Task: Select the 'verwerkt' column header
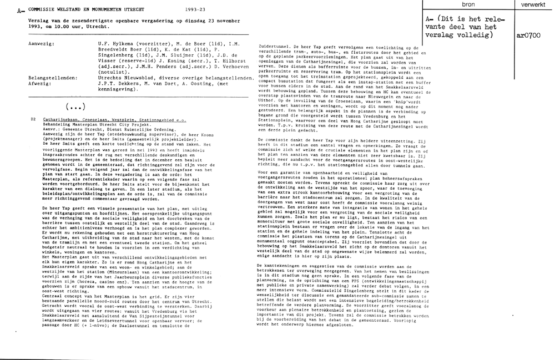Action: pyautogui.click(x=534, y=4)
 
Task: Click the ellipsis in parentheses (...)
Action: pyautogui.click(x=74, y=106)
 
